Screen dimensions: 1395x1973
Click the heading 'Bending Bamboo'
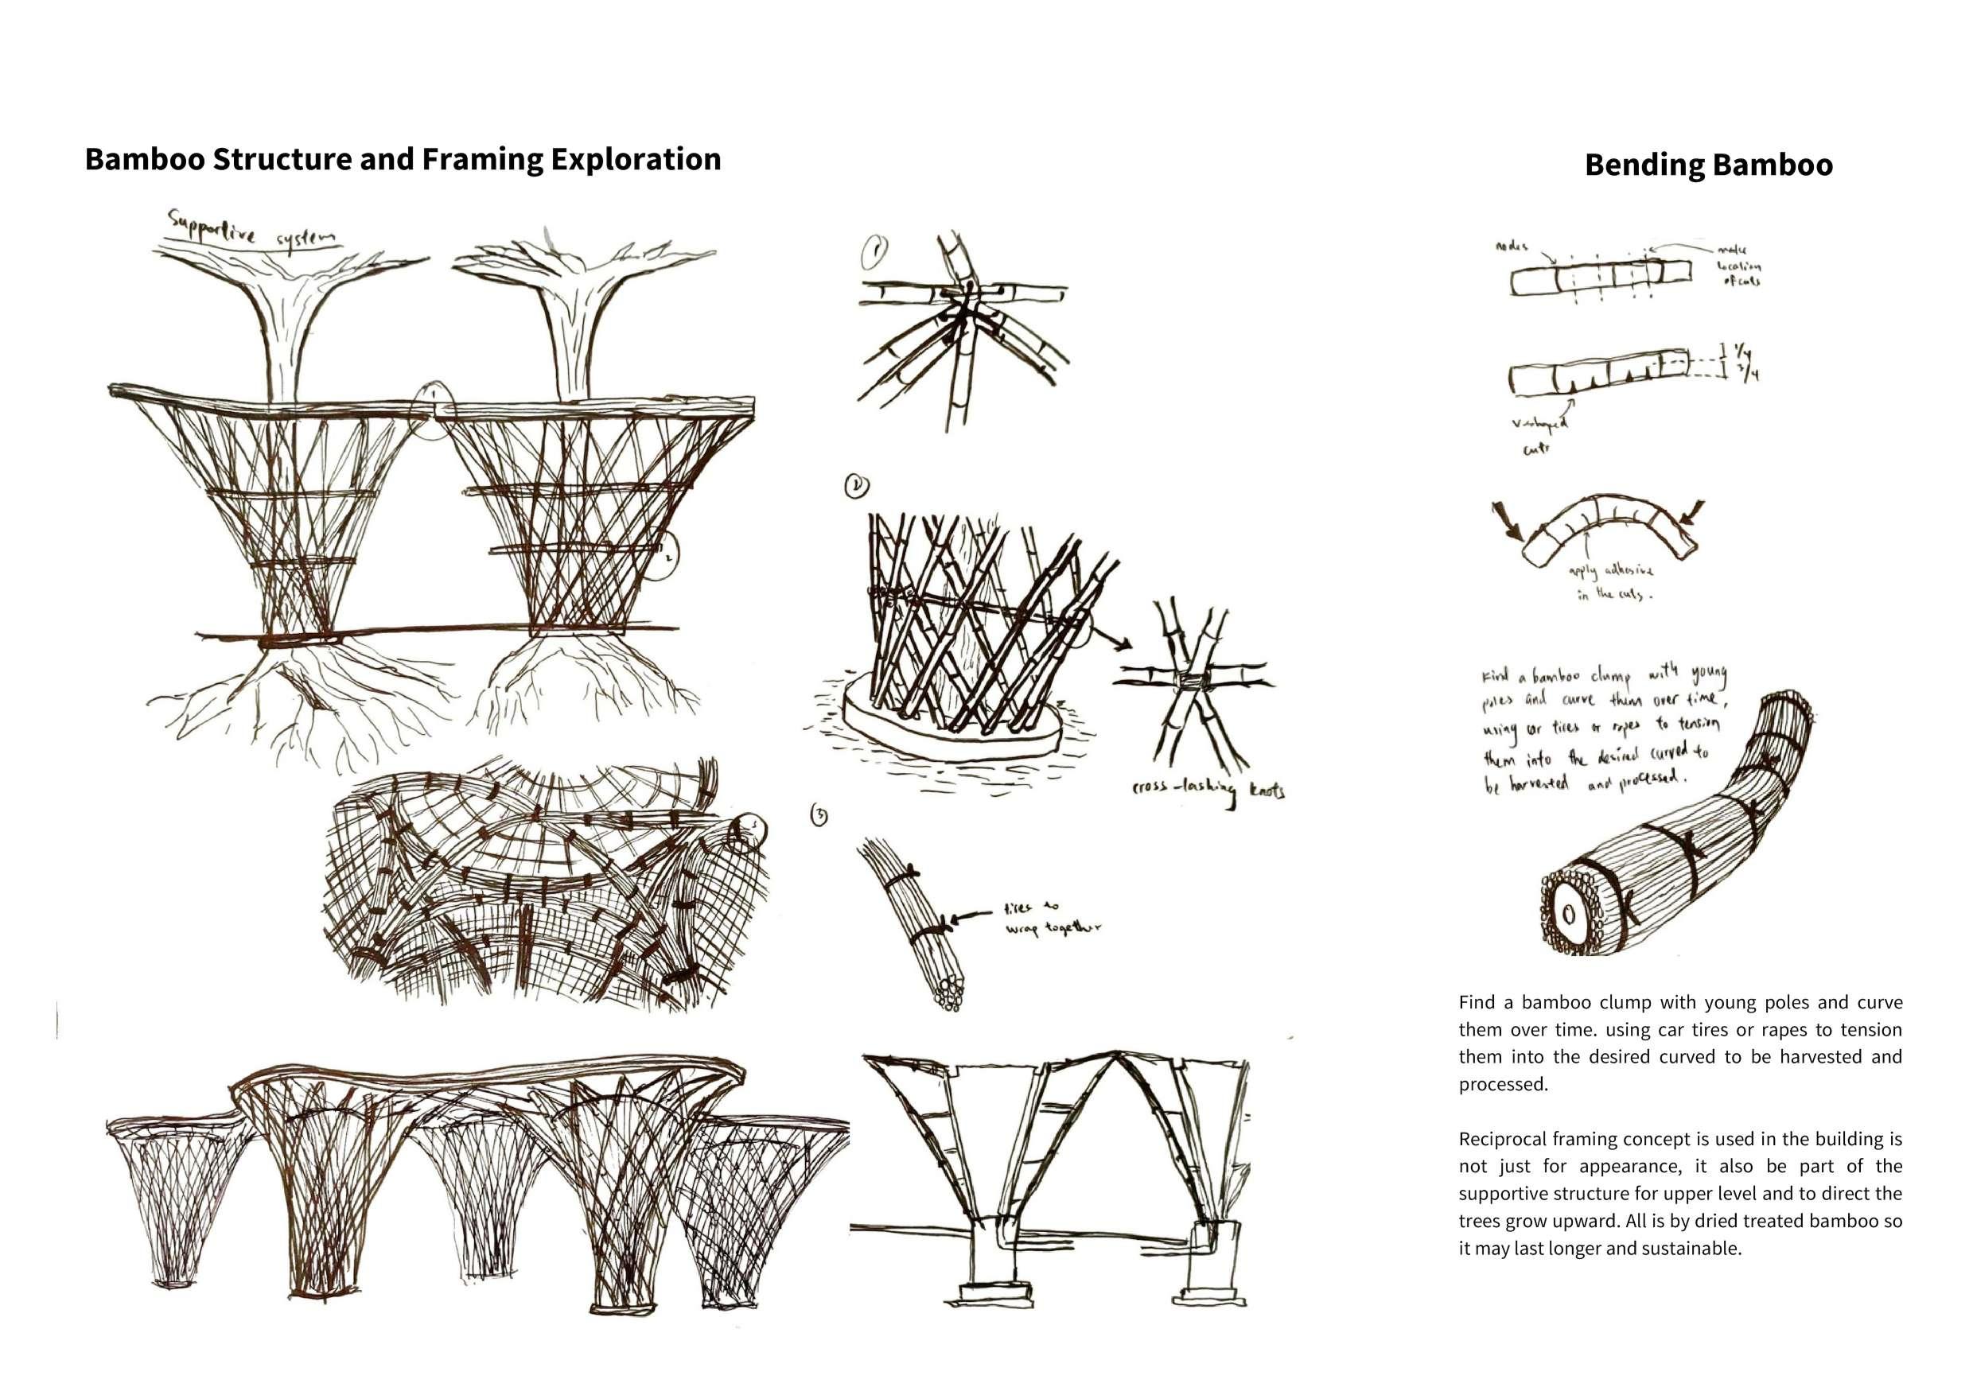pos(1708,165)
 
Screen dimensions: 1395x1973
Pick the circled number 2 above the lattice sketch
pos(857,487)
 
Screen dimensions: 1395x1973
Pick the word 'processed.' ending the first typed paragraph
pos(1503,1084)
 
